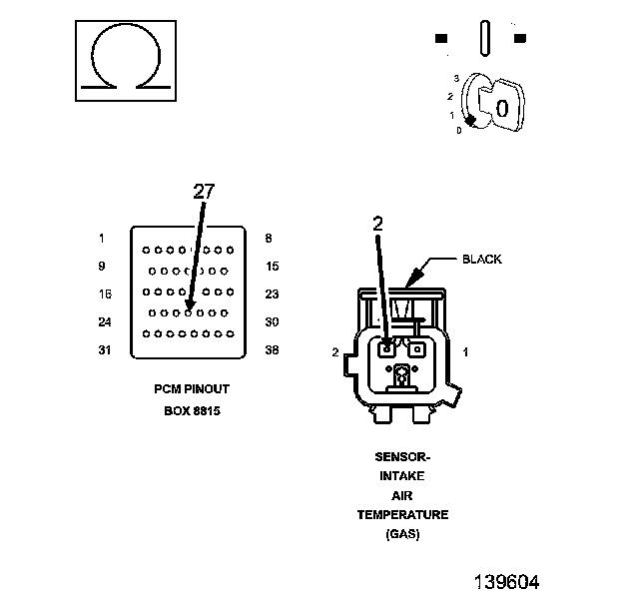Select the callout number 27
click(204, 192)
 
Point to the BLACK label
click(482, 260)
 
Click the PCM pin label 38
click(273, 350)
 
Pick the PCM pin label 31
click(105, 350)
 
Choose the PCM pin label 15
click(273, 267)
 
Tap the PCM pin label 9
click(102, 267)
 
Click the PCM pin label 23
click(273, 295)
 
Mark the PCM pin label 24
click(105, 321)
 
